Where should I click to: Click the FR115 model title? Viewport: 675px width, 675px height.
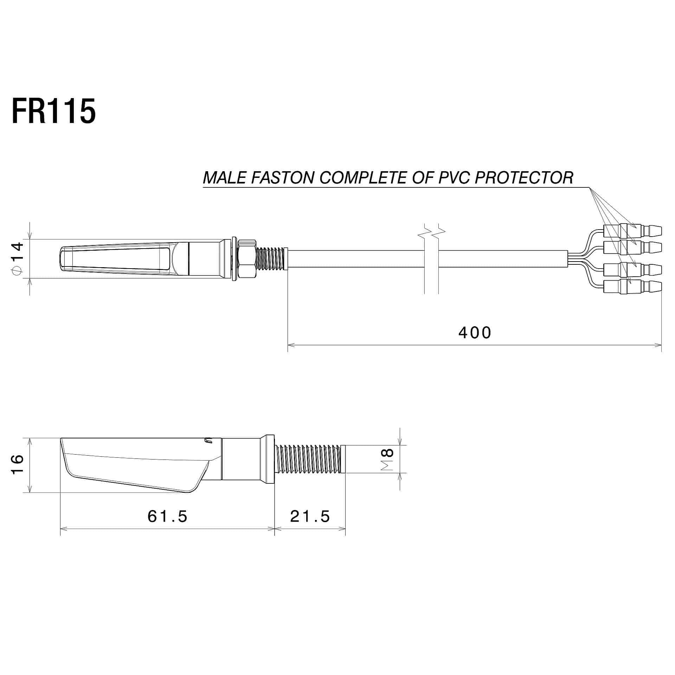click(53, 111)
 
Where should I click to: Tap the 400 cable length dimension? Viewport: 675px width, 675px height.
click(474, 333)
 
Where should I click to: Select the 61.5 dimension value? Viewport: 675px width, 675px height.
click(167, 516)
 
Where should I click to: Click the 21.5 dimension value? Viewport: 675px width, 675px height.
click(310, 516)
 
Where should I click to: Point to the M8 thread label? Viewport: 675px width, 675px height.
click(387, 459)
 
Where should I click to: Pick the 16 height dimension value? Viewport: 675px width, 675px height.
click(18, 464)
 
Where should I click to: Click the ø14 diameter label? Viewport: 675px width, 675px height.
click(18, 258)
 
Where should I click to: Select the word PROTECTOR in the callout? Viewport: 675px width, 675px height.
click(524, 178)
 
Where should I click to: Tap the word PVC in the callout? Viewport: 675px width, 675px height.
click(454, 178)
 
